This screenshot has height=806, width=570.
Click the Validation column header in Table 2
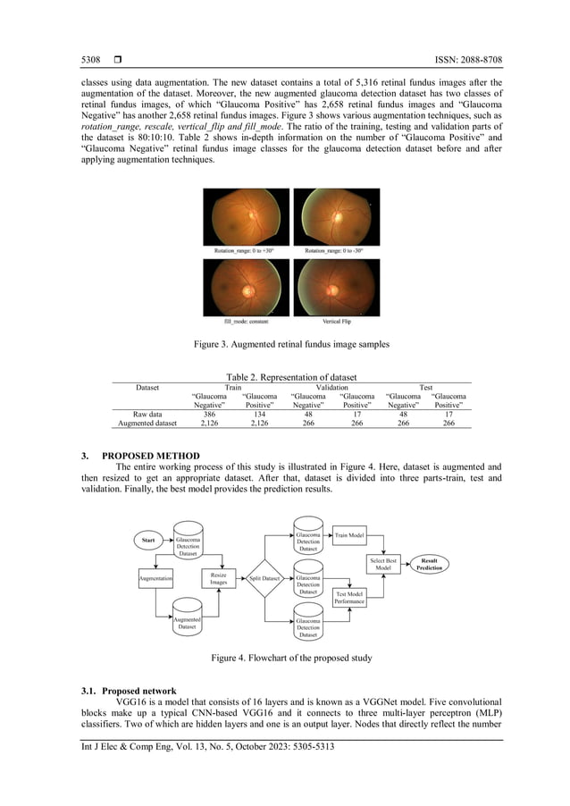331,388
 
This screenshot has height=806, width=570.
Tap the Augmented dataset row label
147,424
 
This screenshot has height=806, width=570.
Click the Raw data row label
147,415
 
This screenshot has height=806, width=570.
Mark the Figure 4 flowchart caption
285,658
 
